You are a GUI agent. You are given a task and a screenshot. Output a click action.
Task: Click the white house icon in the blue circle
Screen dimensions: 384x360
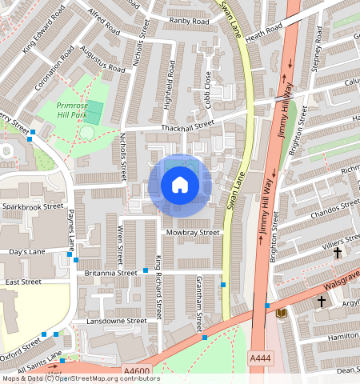180,186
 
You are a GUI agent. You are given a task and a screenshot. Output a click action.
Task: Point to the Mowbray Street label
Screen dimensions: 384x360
192,233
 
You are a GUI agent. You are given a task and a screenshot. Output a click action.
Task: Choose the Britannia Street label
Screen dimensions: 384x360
110,273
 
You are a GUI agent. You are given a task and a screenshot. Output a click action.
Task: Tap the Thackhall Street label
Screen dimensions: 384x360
188,124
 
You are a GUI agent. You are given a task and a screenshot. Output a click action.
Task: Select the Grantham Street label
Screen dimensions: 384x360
198,302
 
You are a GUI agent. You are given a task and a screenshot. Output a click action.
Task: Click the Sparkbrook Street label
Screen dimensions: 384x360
32,206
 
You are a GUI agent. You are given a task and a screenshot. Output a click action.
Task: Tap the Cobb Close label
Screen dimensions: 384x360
208,89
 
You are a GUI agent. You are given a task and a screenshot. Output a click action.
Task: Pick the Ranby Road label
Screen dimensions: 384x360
190,21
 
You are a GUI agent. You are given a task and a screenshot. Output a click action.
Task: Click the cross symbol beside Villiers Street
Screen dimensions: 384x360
337,253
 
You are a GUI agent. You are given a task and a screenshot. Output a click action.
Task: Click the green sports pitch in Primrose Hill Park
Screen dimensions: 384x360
94,112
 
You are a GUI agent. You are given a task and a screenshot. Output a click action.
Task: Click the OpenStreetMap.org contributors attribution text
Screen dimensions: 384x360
104,378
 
